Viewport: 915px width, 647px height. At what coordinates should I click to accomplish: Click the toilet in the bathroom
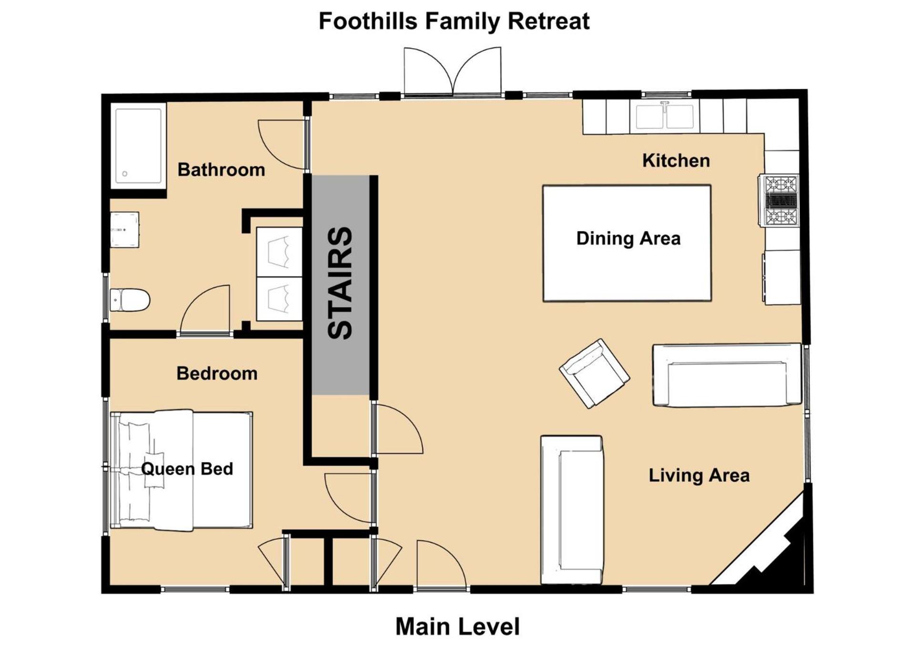130,300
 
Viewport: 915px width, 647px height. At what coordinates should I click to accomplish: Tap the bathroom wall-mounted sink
124,230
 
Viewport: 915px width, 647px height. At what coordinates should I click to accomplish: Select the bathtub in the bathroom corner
138,145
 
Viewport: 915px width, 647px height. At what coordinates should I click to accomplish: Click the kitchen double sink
664,116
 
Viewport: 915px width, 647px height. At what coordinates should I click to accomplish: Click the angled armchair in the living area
594,374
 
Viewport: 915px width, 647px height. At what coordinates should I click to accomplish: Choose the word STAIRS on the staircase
340,283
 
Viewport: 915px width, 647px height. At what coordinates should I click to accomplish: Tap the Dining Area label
628,238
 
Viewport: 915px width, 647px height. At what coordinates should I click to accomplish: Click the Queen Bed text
187,469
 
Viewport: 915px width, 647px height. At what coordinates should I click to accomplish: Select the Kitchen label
676,161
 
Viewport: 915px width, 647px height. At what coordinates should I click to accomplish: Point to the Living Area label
699,475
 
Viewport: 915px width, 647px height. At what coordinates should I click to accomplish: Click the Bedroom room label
217,374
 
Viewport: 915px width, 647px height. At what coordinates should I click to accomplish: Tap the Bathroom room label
221,170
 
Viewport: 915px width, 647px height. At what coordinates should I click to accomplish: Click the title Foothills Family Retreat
454,21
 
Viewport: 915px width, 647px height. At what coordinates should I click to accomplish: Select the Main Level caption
457,627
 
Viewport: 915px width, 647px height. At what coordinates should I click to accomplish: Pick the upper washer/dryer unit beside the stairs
279,252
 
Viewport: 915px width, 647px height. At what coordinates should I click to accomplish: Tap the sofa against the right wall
727,375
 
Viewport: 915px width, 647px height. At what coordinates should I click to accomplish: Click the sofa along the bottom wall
572,510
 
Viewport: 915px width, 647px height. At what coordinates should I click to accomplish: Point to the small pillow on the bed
154,469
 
